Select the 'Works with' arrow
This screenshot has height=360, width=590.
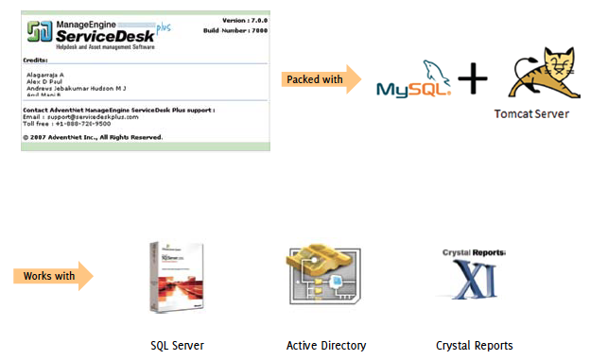pyautogui.click(x=53, y=277)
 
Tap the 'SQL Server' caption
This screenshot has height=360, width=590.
pyautogui.click(x=178, y=346)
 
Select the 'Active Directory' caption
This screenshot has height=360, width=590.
pyautogui.click(x=325, y=346)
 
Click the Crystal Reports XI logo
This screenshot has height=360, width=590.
pyautogui.click(x=474, y=276)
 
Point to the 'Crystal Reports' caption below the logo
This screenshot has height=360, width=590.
pyautogui.click(x=474, y=346)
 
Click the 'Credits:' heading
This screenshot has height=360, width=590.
pyautogui.click(x=35, y=60)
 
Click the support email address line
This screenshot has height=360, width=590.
pyautogui.click(x=80, y=116)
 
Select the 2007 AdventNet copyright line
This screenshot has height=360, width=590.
pyautogui.click(x=92, y=137)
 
